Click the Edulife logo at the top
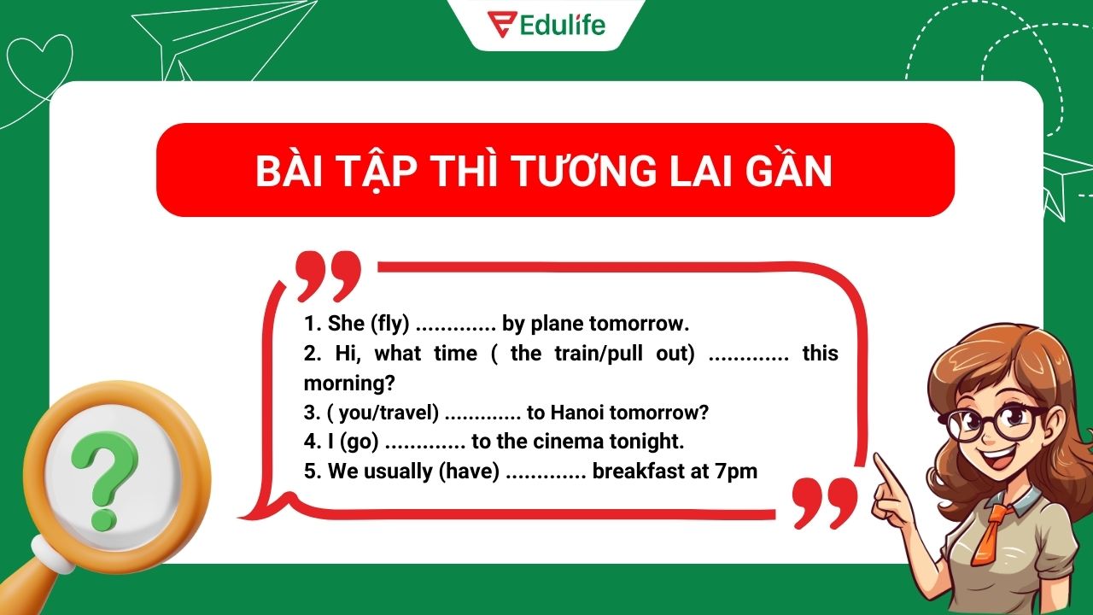pyautogui.click(x=546, y=24)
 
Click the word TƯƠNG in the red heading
pyautogui.click(x=582, y=172)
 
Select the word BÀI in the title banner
pyautogui.click(x=294, y=172)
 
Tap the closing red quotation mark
pyautogui.click(x=823, y=501)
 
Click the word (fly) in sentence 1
pyautogui.click(x=389, y=324)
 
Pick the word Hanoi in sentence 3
pyautogui.click(x=577, y=413)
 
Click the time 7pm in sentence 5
pyautogui.click(x=737, y=471)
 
